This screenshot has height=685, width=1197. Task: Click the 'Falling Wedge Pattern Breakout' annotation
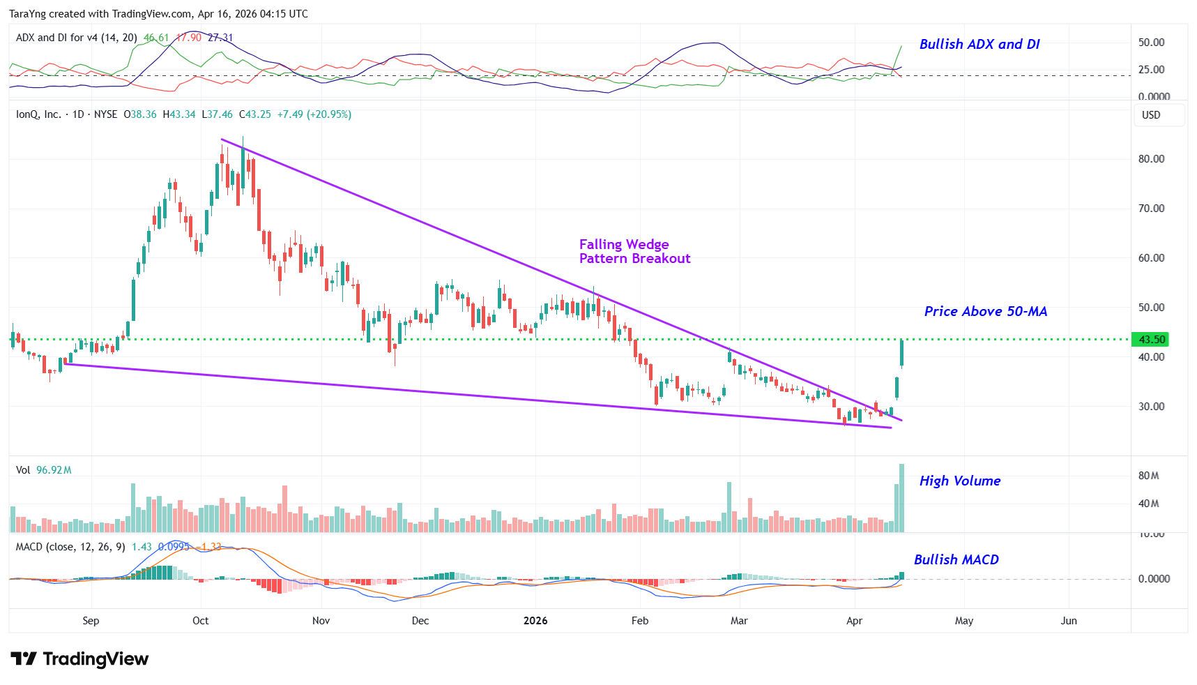coord(634,251)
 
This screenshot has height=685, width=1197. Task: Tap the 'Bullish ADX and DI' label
coord(979,44)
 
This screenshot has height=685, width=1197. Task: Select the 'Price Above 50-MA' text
coord(985,311)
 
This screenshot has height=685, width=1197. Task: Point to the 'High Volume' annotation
coord(959,481)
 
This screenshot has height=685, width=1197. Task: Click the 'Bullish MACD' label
coord(956,559)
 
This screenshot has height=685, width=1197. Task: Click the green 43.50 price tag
coord(1151,340)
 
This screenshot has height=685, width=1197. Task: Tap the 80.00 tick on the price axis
coord(1151,159)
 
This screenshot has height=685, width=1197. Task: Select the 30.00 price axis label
coord(1151,407)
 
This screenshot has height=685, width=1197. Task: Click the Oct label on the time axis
coord(201,621)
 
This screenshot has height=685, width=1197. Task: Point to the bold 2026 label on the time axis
coord(535,621)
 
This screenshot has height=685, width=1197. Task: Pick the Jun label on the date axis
coord(1069,621)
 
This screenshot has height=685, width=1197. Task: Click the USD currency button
coord(1151,115)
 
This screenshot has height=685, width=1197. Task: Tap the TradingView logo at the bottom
coord(79,659)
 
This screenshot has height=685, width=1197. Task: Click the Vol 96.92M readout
coord(44,470)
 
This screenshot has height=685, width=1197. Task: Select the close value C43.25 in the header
coord(255,114)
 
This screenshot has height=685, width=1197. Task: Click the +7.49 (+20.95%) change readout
coord(314,114)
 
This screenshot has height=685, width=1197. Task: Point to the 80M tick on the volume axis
coord(1148,476)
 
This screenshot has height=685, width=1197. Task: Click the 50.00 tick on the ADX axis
coord(1151,43)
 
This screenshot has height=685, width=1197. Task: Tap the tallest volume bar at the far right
coord(901,498)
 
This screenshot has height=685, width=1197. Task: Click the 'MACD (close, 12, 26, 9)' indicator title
coord(70,547)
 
